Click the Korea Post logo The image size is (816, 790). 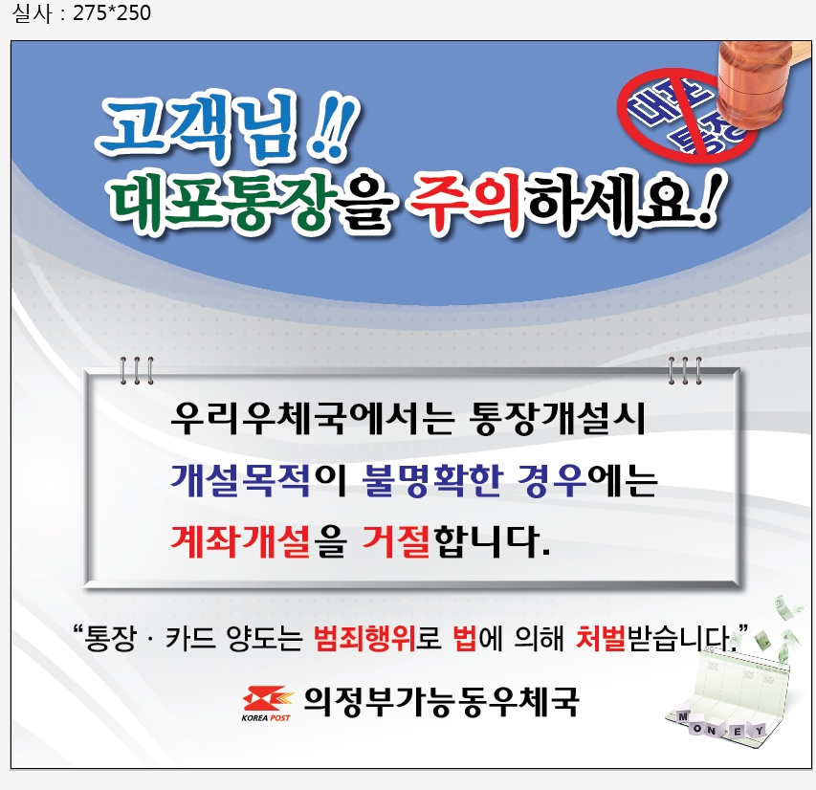click(x=265, y=704)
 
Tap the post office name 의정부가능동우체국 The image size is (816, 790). click(x=441, y=701)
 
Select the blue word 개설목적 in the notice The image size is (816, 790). click(x=240, y=480)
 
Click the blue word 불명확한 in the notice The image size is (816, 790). click(x=431, y=480)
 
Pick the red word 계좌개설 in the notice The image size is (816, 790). click(x=240, y=541)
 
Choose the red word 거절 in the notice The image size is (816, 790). click(x=395, y=541)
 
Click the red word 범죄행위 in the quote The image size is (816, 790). click(x=364, y=638)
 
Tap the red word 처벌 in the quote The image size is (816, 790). click(x=601, y=638)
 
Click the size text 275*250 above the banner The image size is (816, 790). click(x=112, y=13)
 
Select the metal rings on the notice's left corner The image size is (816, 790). click(x=137, y=370)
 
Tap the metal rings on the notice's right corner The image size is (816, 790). click(x=685, y=370)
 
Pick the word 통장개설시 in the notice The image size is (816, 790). click(x=557, y=418)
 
